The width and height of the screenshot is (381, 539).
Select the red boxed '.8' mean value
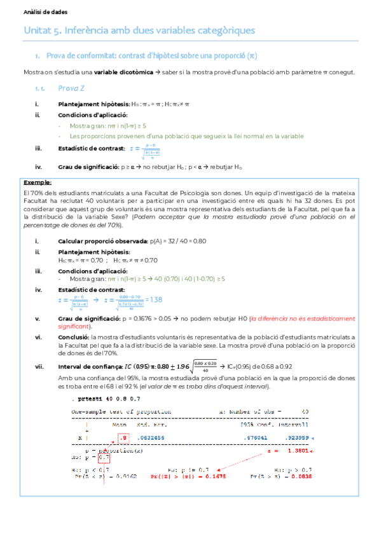click(124, 438)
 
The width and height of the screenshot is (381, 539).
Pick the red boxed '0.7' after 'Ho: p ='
click(105, 456)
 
